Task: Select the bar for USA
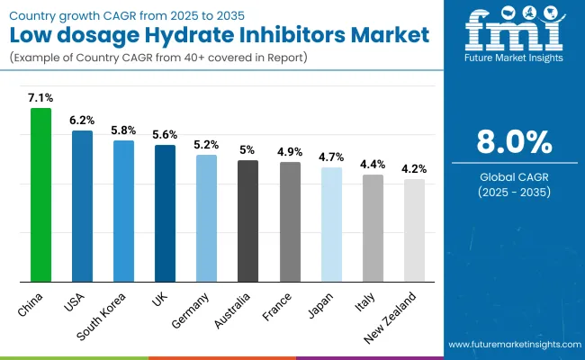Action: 83,205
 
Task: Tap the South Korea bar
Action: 124,210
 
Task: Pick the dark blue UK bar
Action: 166,212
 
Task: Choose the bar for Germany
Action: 207,217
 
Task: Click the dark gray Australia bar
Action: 248,220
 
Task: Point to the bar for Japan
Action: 331,223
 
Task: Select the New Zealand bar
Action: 414,229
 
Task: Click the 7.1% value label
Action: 41,97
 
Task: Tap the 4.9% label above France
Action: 290,151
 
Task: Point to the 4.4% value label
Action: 373,164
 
